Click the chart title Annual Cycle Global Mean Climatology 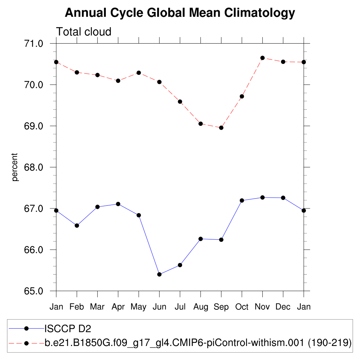(x=180, y=13)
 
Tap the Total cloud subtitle (x=84, y=32)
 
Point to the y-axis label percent (x=15, y=167)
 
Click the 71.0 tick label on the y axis (x=33, y=44)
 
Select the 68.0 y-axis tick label (x=33, y=167)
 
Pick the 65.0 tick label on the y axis (x=33, y=291)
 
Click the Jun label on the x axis (x=159, y=307)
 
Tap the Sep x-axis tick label (x=221, y=307)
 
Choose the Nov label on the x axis (x=262, y=307)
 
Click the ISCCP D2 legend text (x=67, y=329)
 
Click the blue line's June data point (x=159, y=274)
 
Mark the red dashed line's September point (x=221, y=128)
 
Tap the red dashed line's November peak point (x=262, y=58)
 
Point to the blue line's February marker (x=77, y=225)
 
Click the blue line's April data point (x=118, y=204)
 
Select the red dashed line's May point (x=139, y=73)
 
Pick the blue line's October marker (x=242, y=200)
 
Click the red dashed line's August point (x=200, y=124)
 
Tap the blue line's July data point (x=180, y=265)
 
